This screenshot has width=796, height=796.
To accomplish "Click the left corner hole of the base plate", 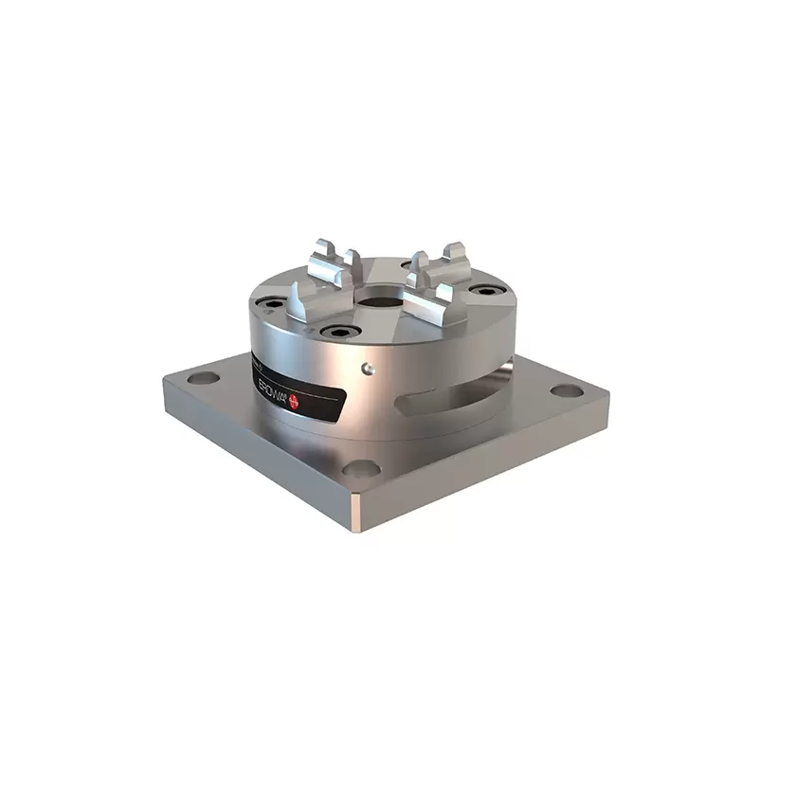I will click(x=204, y=378).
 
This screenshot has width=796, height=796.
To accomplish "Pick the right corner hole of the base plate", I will click(x=566, y=390).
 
